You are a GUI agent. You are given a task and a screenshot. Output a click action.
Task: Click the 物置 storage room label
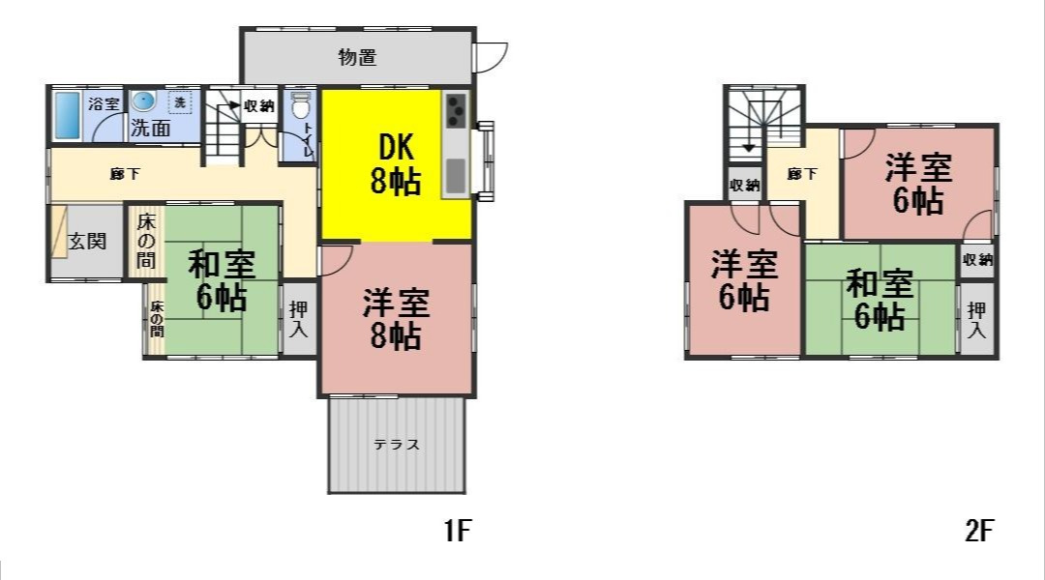(357, 57)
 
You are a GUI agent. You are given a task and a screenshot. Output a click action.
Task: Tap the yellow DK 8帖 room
(395, 163)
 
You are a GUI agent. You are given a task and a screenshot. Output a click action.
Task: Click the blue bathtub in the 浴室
(67, 116)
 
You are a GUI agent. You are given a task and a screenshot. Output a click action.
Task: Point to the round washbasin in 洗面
(143, 101)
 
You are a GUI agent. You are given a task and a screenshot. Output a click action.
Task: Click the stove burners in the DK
(456, 113)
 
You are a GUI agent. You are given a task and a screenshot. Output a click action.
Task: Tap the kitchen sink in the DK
(456, 176)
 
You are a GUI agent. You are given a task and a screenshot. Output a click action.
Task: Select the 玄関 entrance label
(87, 241)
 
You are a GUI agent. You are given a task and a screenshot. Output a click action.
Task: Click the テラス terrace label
(397, 446)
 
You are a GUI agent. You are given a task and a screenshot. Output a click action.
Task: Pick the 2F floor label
(979, 530)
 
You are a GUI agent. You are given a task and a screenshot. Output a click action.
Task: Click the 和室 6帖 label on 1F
(221, 280)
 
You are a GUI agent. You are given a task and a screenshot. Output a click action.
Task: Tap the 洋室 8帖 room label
(396, 319)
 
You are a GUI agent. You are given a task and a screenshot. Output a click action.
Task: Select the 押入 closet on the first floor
(299, 319)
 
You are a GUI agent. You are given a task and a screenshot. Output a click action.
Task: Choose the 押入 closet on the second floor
(978, 320)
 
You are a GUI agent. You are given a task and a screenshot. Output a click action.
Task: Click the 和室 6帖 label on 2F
(880, 301)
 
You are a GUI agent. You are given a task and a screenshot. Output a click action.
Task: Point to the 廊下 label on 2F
(801, 174)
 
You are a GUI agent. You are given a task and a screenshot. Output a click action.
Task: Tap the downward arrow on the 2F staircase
(748, 148)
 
